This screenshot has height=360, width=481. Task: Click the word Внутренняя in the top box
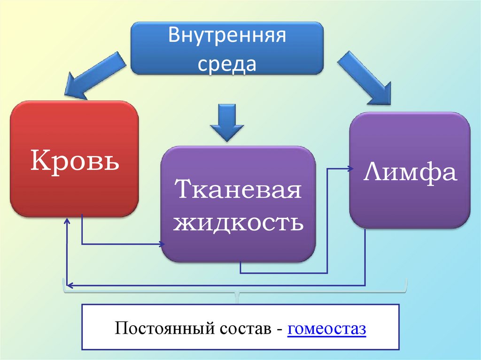(x=227, y=37)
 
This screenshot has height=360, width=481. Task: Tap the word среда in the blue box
(x=227, y=63)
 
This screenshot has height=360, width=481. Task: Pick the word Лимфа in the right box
(x=410, y=172)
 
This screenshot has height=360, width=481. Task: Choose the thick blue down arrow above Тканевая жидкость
(x=226, y=122)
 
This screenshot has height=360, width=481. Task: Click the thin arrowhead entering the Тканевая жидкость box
(x=163, y=244)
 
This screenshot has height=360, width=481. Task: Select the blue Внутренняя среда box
(x=227, y=48)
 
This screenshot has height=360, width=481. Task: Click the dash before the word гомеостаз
(x=279, y=329)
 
